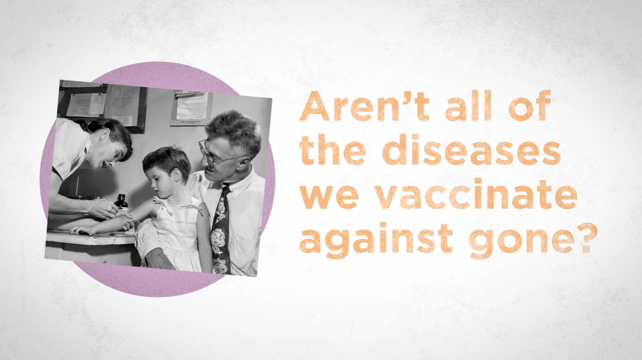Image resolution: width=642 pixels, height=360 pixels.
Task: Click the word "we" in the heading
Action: [x=328, y=198]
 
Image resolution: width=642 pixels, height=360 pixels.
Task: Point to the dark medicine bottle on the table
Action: [x=120, y=201]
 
